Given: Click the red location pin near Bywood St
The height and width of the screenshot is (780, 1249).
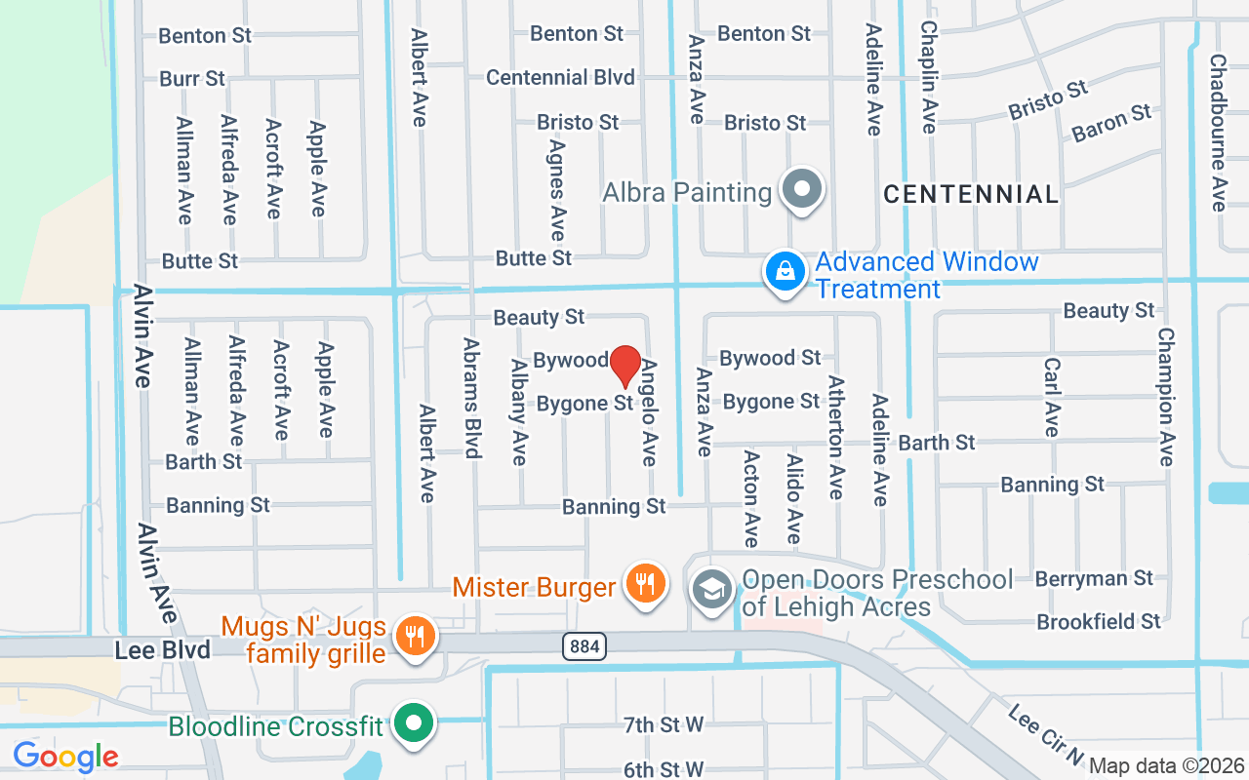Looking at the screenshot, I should click(x=625, y=366).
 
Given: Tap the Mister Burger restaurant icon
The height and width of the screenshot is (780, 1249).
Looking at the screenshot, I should click(x=644, y=584).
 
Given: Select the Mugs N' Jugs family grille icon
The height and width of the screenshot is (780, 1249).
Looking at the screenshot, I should click(x=416, y=638).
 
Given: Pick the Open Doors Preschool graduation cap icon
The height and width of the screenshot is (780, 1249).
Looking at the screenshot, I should click(x=713, y=589).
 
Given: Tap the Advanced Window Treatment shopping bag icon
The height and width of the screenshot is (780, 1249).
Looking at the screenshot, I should click(x=785, y=272).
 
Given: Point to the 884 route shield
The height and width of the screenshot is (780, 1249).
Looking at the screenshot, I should click(x=584, y=645).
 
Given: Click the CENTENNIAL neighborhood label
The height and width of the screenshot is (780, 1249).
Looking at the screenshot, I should click(x=971, y=194).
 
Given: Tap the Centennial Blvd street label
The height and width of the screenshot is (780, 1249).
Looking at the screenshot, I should click(x=560, y=77).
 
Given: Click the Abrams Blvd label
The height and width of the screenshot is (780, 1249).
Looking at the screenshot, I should click(x=472, y=398).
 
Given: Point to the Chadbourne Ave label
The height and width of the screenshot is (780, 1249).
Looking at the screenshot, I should click(x=1218, y=132).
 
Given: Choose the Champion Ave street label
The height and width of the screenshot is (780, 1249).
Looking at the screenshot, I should click(x=1165, y=396).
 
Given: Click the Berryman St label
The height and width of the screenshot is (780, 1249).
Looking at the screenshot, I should click(x=1094, y=578).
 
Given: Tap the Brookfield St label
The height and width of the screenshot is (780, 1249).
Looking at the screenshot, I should click(x=1099, y=621).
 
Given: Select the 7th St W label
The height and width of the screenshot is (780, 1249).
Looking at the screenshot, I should click(x=664, y=724).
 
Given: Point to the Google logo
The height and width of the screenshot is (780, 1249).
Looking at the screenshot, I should click(x=65, y=756).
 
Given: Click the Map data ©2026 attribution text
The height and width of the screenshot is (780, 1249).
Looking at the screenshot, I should click(x=1165, y=765).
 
